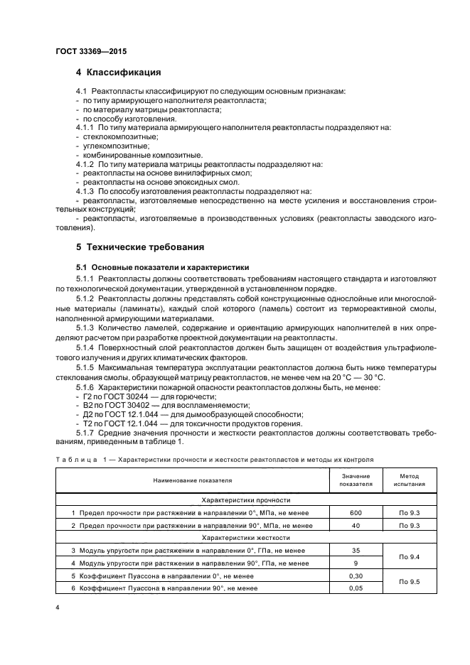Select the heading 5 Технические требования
(140, 247)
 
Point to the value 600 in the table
(356, 513)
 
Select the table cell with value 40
(356, 526)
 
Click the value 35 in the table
(356, 551)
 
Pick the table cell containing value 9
(356, 563)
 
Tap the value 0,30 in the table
(356, 575)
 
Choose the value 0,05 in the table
(356, 588)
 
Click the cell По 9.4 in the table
(409, 557)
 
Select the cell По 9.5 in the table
(409, 582)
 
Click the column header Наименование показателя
(192, 480)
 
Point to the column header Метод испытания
(409, 480)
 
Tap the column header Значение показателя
(356, 480)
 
